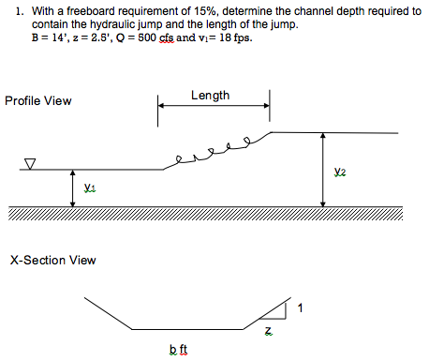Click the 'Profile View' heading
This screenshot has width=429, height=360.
pos(38,100)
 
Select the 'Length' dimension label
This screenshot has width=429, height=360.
pos(211,96)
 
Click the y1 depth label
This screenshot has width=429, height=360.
pos(88,187)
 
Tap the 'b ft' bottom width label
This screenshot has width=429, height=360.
pos(178,350)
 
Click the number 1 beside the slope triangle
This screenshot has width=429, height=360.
pos(300,307)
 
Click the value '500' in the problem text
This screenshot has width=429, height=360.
pos(152,39)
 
